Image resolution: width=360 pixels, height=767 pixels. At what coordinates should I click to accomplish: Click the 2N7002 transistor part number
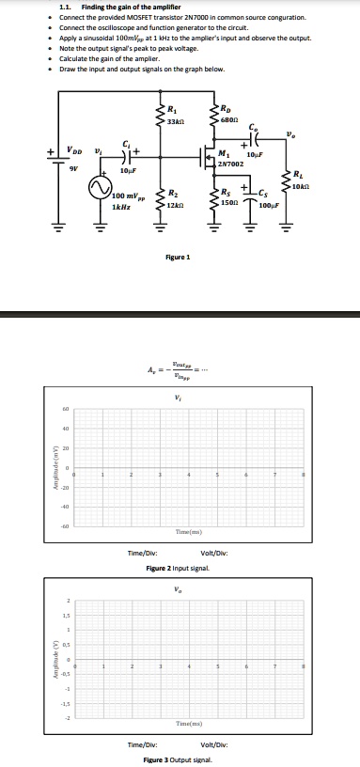(x=229, y=164)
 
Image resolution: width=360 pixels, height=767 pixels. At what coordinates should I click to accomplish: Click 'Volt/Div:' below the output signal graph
(x=217, y=744)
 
